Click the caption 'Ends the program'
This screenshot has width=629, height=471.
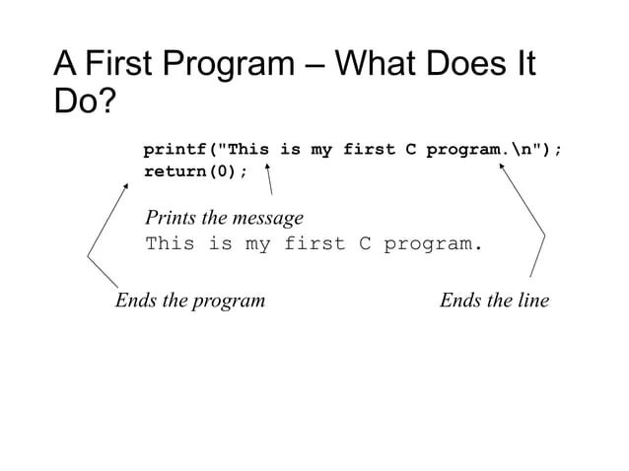[190, 300]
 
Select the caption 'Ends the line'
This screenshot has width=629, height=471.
[494, 300]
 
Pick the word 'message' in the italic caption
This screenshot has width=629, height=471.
[267, 217]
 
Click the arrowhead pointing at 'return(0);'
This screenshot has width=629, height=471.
[126, 184]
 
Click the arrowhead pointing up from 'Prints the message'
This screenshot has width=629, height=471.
[267, 167]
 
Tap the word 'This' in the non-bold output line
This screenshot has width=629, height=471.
[170, 243]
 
